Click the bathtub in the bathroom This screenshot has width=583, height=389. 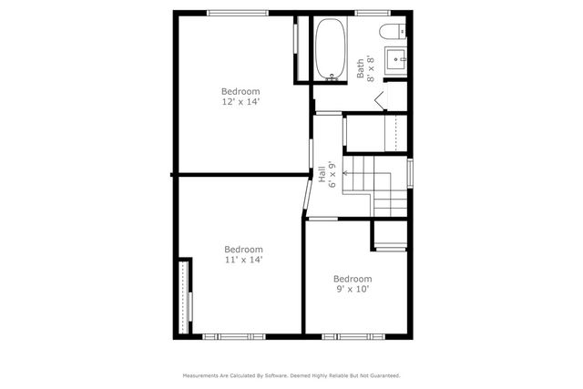pos(329,51)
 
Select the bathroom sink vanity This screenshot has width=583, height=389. pos(397,61)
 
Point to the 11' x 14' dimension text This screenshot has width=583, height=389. pos(243,260)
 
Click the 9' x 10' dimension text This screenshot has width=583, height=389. pos(352,290)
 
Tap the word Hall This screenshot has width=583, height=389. pos(322,173)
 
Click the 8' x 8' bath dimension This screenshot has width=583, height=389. pos(371,67)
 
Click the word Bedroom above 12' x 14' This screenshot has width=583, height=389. pos(241,91)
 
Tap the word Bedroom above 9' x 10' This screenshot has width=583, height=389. pos(352,279)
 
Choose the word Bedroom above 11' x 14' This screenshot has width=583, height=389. pos(243,249)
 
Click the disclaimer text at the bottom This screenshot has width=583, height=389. pos(291,374)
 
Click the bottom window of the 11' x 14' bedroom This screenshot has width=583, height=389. pos(237,336)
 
